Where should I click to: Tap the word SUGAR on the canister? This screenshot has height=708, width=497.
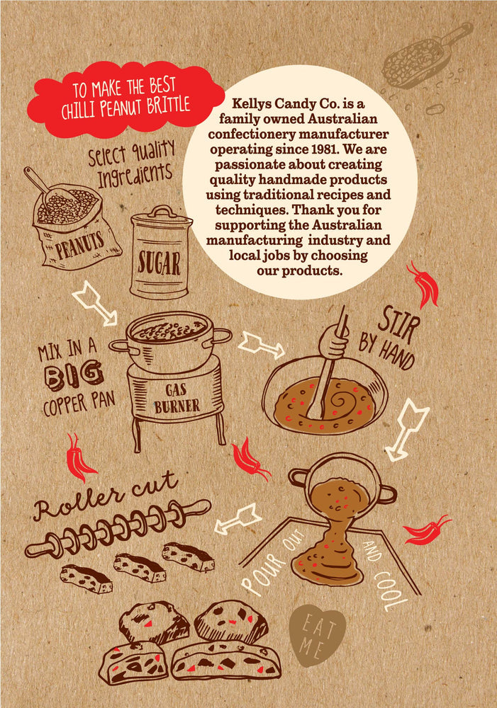click(159, 263)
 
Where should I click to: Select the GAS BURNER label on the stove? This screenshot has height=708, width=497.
click(177, 398)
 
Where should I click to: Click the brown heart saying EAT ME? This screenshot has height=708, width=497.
click(317, 634)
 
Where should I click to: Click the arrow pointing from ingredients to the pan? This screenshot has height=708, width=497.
click(95, 303)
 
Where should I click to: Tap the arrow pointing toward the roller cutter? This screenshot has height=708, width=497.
click(238, 519)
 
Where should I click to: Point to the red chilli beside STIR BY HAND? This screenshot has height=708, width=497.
click(424, 285)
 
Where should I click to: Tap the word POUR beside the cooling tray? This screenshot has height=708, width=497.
click(262, 573)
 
